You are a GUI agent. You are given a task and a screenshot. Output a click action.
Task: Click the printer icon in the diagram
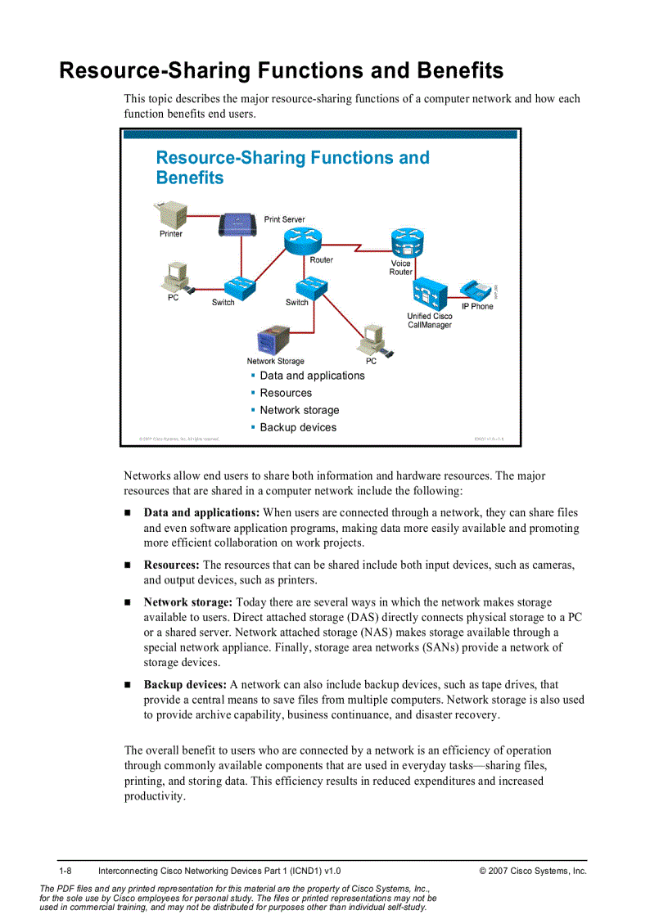[x=171, y=216]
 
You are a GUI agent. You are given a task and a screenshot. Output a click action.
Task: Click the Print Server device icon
[x=237, y=223]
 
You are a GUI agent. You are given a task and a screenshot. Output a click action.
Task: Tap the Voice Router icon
[x=407, y=243]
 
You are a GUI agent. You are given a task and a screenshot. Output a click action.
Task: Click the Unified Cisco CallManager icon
[x=429, y=293]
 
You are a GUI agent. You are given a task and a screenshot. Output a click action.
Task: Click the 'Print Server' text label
[x=284, y=219]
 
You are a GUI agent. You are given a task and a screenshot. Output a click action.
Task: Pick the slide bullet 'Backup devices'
[x=298, y=427]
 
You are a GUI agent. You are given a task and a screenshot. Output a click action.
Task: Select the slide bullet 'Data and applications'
[x=312, y=376]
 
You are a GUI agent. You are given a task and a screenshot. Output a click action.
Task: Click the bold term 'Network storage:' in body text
[x=188, y=602]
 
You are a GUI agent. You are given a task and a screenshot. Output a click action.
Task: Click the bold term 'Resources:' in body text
[x=171, y=565]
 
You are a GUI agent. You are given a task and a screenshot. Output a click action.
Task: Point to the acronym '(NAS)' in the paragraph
[x=333, y=633]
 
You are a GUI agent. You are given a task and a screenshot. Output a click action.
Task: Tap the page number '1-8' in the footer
[x=65, y=871]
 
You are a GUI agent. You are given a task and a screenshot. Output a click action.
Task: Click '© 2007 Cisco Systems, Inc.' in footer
[x=533, y=871]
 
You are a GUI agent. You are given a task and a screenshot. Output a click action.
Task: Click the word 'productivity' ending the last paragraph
[x=153, y=796]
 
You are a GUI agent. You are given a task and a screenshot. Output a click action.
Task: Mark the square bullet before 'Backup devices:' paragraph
[x=128, y=685]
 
